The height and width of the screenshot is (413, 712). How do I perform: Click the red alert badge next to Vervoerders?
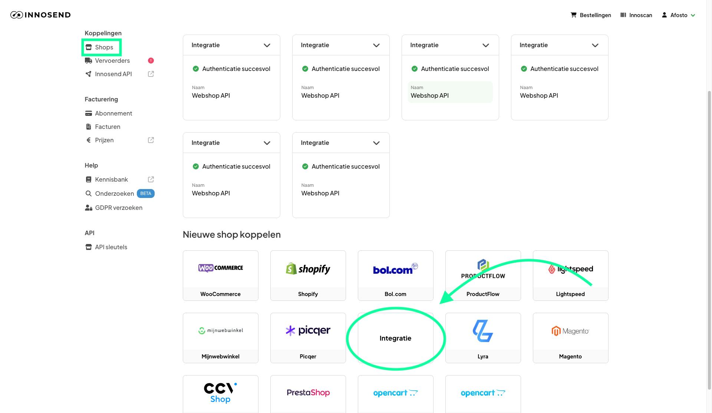coord(151,61)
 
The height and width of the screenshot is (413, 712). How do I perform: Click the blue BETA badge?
coord(146,194)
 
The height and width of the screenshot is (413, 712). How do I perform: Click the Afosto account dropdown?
coord(679,15)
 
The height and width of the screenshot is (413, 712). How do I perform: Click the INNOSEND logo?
coord(40,15)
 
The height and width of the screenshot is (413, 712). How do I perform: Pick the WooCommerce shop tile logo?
coord(221,268)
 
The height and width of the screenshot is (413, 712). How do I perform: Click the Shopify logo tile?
coord(308,269)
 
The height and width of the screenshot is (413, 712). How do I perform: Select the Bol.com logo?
coord(396,269)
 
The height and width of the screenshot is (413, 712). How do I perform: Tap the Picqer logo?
coord(308,331)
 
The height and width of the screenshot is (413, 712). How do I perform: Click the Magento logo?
coord(570,331)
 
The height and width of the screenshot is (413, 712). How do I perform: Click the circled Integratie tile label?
coord(396,338)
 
